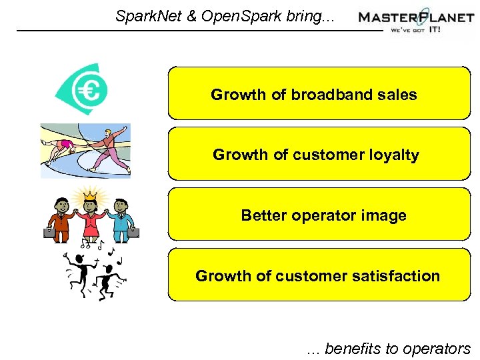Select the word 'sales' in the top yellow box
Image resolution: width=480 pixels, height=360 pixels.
coord(398,95)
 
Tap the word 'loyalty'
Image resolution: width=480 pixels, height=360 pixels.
coord(394,155)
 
